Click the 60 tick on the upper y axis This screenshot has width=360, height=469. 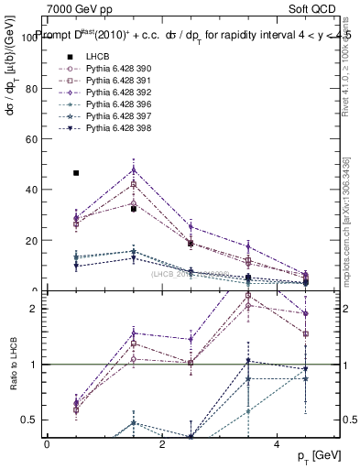point(31,139)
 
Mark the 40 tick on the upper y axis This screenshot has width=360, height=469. point(31,190)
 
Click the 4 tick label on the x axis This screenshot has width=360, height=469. point(278,443)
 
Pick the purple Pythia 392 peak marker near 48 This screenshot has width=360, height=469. point(134,169)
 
